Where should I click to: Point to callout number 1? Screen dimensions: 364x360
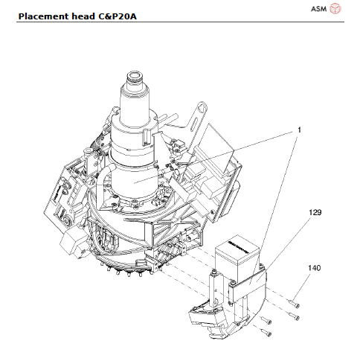tap(299, 129)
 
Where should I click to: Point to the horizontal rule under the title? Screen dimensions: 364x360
tap(179, 22)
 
